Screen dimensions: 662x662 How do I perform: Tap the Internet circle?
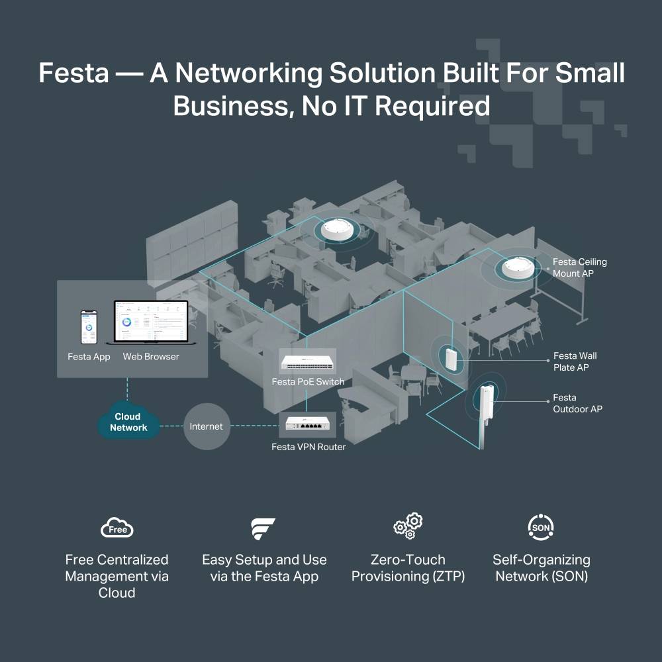tap(206, 426)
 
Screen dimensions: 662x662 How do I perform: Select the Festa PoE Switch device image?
tap(308, 363)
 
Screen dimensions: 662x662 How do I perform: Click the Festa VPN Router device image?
tap(308, 424)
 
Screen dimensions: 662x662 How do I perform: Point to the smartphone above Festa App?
tap(89, 327)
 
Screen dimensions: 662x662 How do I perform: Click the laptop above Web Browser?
tap(151, 322)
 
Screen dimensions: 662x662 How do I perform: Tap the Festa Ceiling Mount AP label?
tap(579, 267)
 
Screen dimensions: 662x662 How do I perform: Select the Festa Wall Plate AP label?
tap(575, 361)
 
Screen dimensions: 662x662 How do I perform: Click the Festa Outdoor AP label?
tap(577, 403)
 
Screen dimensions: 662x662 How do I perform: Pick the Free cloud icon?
tap(117, 528)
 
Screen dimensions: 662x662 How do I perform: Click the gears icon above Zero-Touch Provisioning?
tap(408, 526)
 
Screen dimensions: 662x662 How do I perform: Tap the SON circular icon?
tap(541, 527)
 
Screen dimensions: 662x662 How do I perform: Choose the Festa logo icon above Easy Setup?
tap(263, 528)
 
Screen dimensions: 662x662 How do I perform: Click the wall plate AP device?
tap(451, 357)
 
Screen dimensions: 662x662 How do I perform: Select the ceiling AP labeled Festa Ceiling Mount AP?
tap(518, 267)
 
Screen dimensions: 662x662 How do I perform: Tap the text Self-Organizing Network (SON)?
tap(541, 568)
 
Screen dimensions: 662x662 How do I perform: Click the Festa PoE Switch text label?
tap(308, 382)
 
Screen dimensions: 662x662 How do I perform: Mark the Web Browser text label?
tap(151, 357)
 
